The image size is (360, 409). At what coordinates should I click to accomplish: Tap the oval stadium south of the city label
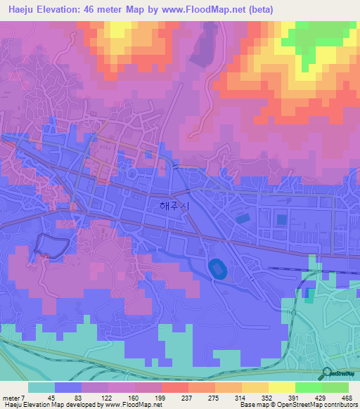(216, 267)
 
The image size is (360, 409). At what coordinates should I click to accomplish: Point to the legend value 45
(51, 396)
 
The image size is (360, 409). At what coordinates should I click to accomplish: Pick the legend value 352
(267, 396)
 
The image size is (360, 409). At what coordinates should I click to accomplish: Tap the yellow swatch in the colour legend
(281, 387)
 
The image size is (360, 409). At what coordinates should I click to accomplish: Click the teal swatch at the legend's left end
(41, 387)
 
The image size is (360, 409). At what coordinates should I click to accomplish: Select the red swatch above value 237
(174, 387)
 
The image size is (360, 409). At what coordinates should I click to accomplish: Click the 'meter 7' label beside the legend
(13, 396)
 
